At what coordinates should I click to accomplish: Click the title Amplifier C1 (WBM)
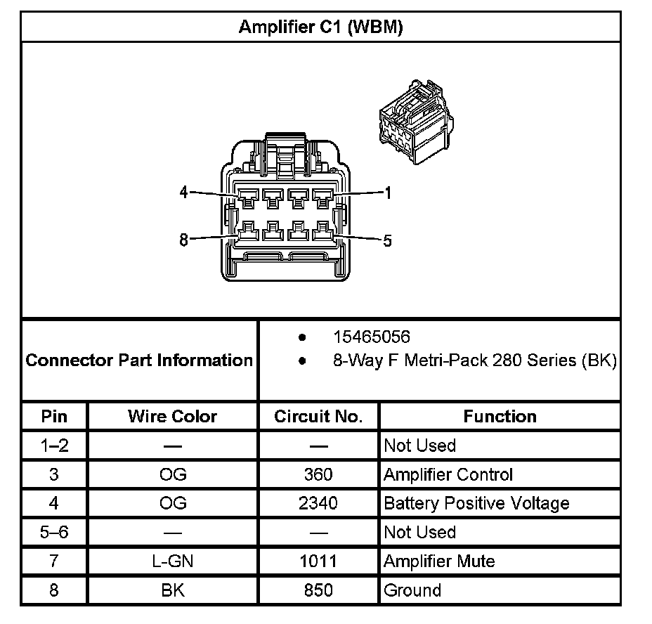point(320,27)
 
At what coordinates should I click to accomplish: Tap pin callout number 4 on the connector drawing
point(184,192)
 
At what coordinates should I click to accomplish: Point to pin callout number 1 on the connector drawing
point(387,193)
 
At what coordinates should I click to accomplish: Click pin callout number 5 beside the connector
point(387,241)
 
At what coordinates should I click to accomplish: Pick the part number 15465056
point(371,337)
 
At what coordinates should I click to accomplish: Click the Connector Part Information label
point(139,360)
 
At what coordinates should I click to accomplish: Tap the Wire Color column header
point(172,416)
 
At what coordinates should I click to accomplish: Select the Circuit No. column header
point(318,416)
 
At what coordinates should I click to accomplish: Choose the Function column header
point(500,416)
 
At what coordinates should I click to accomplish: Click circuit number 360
point(318,474)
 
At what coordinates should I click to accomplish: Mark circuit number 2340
point(318,503)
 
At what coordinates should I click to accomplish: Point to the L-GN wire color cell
point(172,561)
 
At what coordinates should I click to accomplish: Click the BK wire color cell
point(172,590)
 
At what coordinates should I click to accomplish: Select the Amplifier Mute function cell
point(439,561)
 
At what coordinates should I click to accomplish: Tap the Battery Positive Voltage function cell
point(476,503)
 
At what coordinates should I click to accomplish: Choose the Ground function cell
point(412,590)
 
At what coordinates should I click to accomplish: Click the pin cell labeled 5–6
point(54,532)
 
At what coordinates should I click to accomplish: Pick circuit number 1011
point(318,561)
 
